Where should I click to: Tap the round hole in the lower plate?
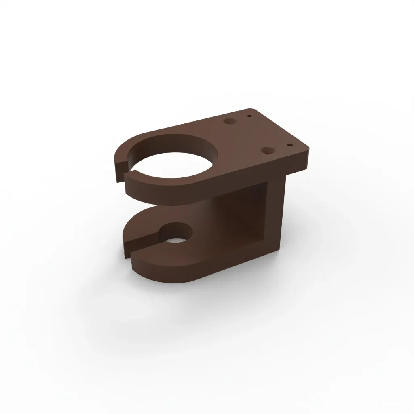[176, 235]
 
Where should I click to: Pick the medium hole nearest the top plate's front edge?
[268, 150]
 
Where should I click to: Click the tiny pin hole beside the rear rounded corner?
[250, 116]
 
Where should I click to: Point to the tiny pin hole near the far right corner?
[289, 144]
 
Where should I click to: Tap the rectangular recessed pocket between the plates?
[243, 214]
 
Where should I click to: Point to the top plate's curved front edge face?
[162, 194]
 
